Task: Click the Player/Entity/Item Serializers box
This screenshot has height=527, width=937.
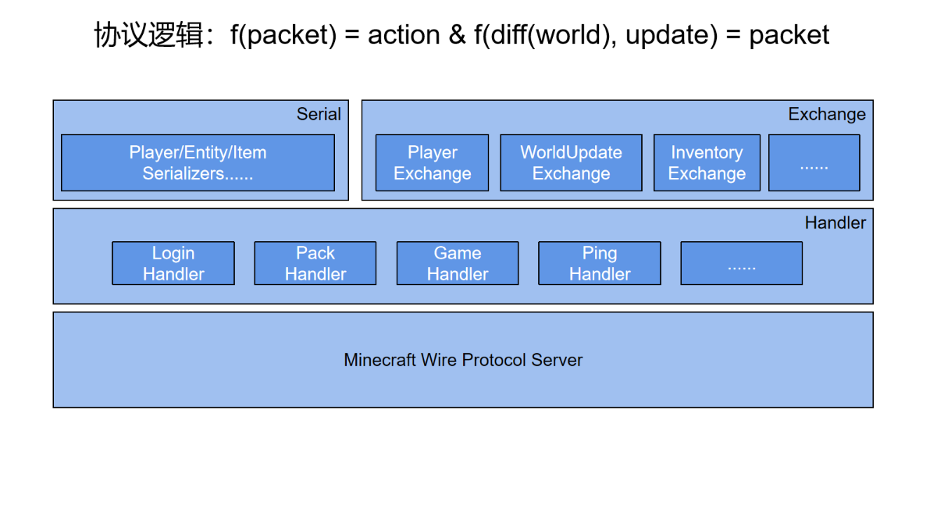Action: pyautogui.click(x=198, y=162)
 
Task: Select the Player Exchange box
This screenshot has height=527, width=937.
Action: pyautogui.click(x=432, y=162)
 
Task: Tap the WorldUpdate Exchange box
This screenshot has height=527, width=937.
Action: pyautogui.click(x=571, y=162)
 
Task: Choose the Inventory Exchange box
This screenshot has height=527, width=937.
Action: pyautogui.click(x=707, y=162)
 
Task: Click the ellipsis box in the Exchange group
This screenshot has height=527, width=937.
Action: pyautogui.click(x=814, y=162)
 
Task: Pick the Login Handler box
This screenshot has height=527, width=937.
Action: pyautogui.click(x=173, y=263)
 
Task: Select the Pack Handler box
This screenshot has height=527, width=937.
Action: pyautogui.click(x=315, y=263)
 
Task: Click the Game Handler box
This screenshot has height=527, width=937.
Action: pyautogui.click(x=458, y=263)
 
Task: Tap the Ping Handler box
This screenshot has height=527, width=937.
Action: pyautogui.click(x=600, y=263)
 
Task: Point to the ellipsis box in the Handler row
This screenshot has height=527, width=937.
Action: pyautogui.click(x=741, y=263)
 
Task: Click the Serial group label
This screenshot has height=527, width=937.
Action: pyautogui.click(x=319, y=114)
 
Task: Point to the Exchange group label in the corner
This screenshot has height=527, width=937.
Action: pyautogui.click(x=827, y=114)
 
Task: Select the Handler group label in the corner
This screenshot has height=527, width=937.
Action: pyautogui.click(x=835, y=223)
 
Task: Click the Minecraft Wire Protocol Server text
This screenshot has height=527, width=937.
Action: pyautogui.click(x=463, y=360)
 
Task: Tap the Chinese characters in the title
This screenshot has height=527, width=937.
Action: pyautogui.click(x=148, y=34)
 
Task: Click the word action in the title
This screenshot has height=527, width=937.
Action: pyautogui.click(x=404, y=34)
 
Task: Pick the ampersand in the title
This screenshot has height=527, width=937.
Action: pyautogui.click(x=457, y=34)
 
